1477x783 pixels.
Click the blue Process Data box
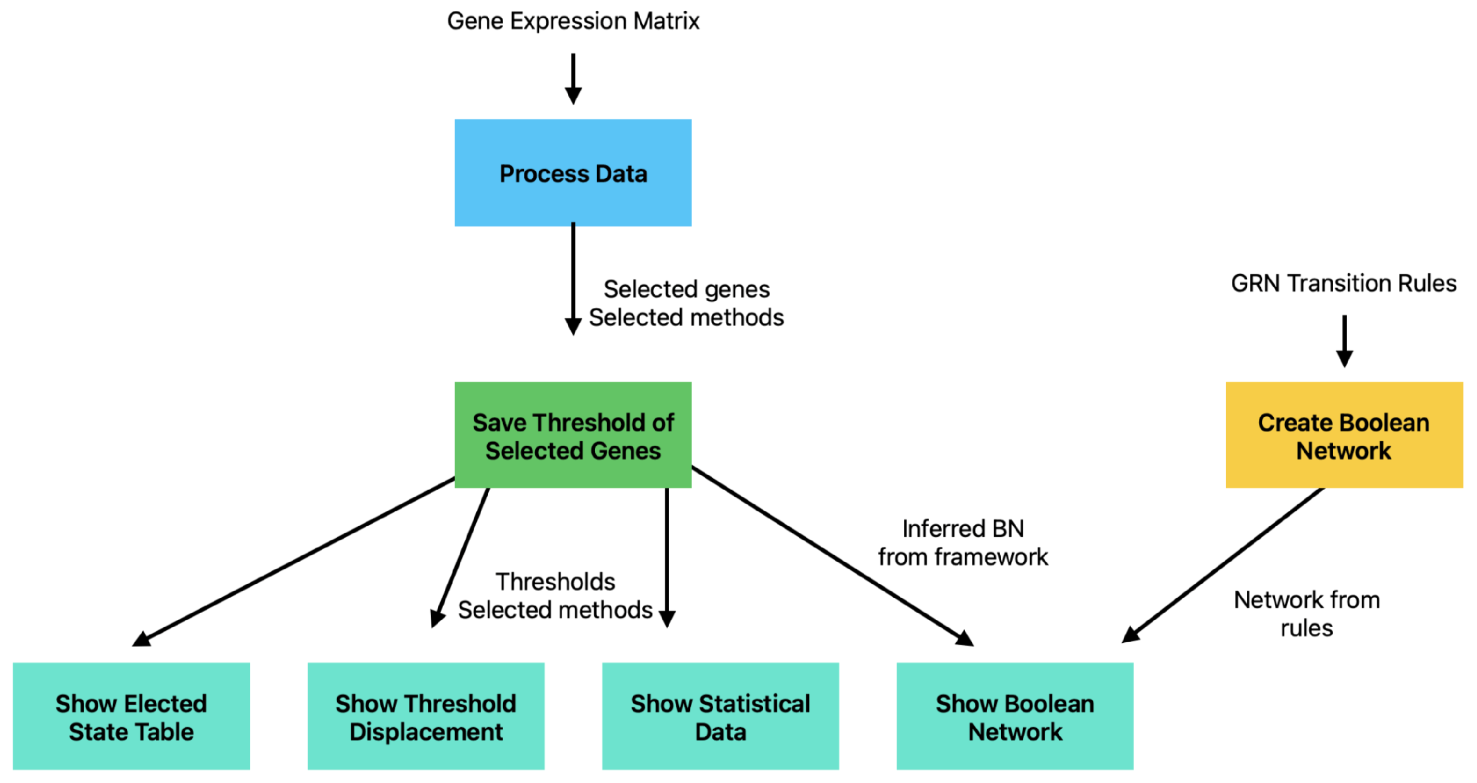(573, 173)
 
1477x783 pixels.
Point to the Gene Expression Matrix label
(573, 21)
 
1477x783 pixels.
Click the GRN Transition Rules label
(1344, 284)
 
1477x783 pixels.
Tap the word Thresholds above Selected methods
(555, 582)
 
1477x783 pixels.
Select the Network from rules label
(1307, 614)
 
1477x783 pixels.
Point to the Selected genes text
(686, 289)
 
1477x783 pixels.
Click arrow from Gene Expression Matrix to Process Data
(573, 78)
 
